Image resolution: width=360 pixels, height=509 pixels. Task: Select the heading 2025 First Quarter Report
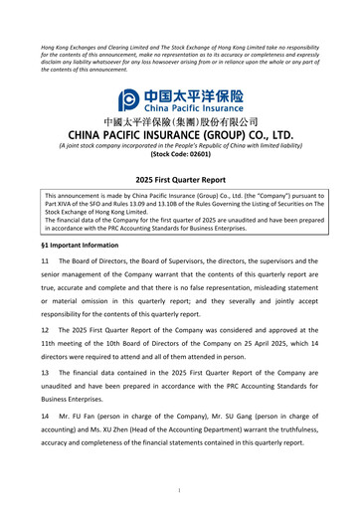180,179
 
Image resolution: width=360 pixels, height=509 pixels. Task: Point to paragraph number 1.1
46,261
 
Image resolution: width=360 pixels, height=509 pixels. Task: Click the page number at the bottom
180,489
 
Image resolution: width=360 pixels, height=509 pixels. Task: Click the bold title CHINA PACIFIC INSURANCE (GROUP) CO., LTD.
180,134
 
